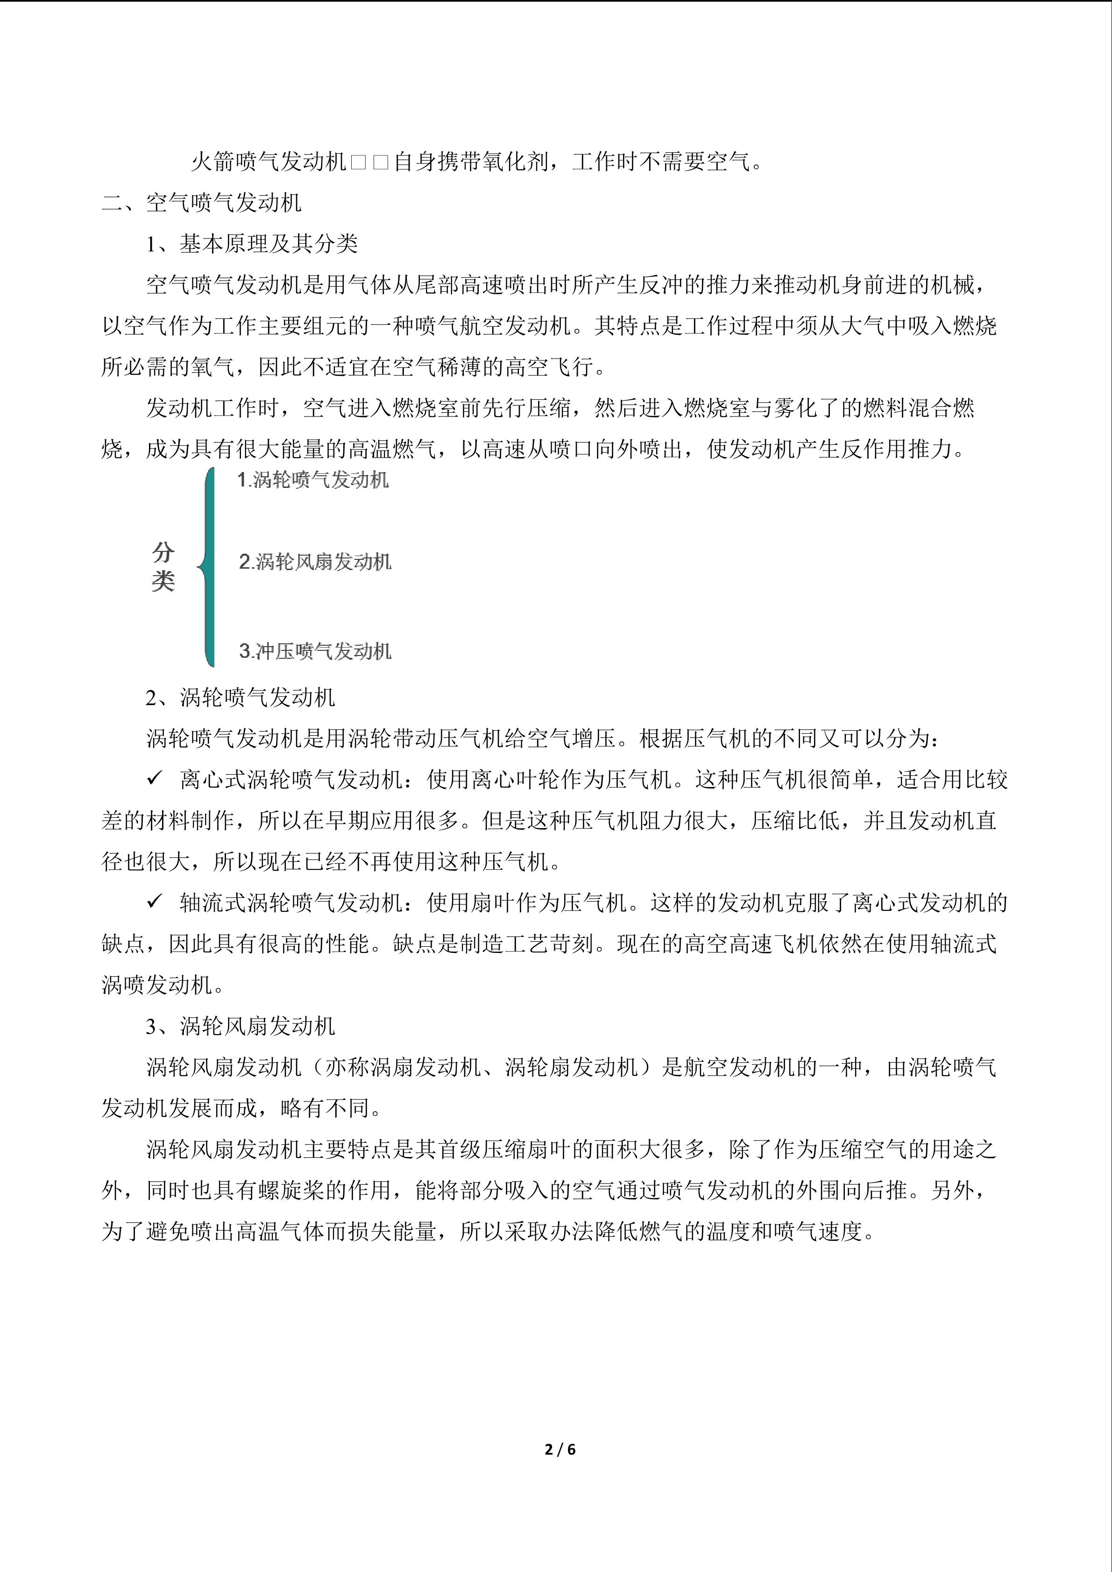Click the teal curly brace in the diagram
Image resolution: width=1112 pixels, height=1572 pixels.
[x=207, y=566]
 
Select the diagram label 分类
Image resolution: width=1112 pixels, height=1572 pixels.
[x=163, y=566]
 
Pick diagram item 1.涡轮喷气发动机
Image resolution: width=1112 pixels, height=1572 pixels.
[x=313, y=480]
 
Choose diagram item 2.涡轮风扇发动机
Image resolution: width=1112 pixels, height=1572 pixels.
[x=315, y=562]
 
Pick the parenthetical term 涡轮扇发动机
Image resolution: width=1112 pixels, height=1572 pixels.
[x=572, y=1067]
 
